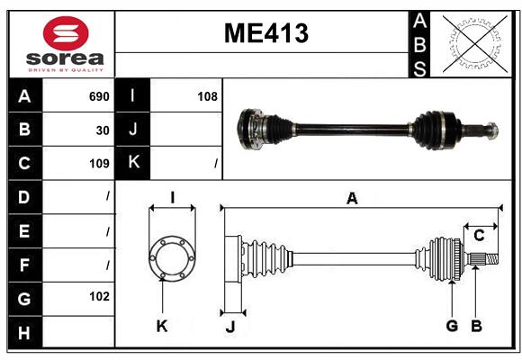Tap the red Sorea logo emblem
point(65,35)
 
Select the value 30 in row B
point(103,130)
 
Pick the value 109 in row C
point(98,163)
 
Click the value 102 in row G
point(98,296)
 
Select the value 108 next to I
point(207,96)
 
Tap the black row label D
point(24,196)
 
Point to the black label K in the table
point(133,163)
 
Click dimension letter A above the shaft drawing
point(352,199)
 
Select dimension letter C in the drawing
point(479,235)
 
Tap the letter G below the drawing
point(452,326)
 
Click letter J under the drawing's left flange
point(229,327)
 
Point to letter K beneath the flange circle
point(162,326)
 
